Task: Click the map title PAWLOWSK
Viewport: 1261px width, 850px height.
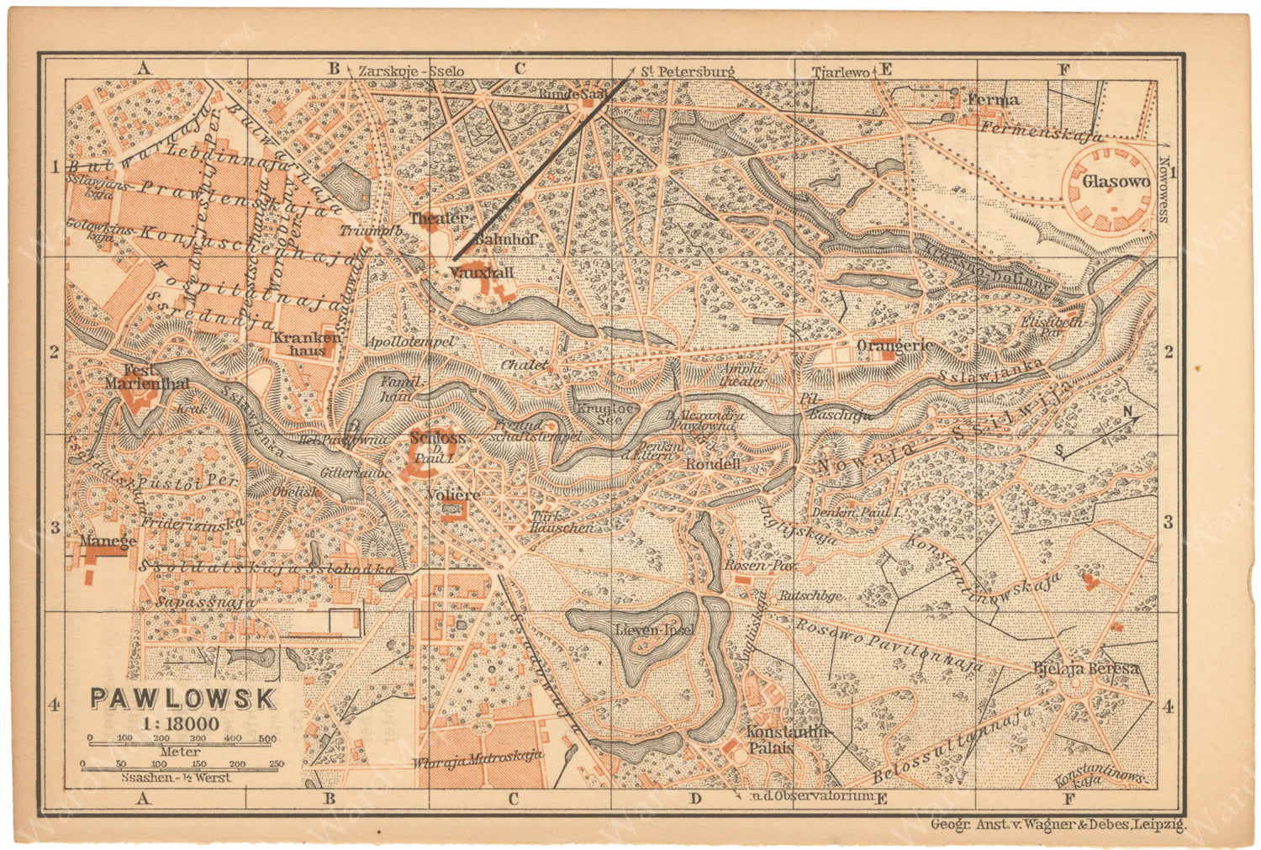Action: [x=182, y=699]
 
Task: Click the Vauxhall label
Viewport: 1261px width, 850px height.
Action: [x=481, y=273]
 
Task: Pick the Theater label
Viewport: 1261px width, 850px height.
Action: [x=439, y=219]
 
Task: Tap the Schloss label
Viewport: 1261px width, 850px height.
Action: [x=437, y=438]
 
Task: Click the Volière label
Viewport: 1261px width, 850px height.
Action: [x=452, y=494]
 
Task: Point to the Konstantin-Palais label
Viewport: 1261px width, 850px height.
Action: [x=788, y=739]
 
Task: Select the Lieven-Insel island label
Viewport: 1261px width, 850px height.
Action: [x=654, y=629]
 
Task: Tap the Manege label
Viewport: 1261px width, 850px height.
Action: [x=108, y=542]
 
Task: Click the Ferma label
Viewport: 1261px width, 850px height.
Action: [x=993, y=99]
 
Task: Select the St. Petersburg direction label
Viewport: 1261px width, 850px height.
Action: [x=687, y=71]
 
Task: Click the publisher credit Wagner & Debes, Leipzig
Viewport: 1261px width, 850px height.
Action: [x=1058, y=825]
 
